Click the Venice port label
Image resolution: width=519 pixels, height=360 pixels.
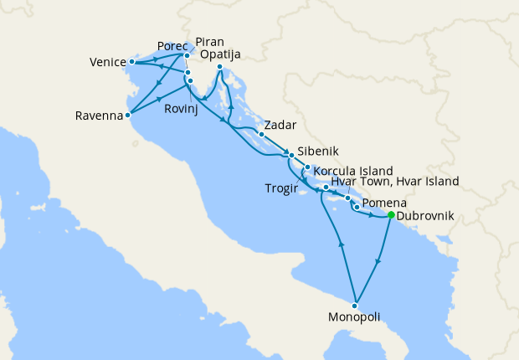tap(107, 62)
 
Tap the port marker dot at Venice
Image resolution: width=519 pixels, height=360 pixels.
tap(132, 61)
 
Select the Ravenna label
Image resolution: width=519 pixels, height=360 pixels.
tap(99, 116)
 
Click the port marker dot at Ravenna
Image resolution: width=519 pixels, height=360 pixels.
tap(127, 116)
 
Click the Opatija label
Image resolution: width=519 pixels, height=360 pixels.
tap(222, 54)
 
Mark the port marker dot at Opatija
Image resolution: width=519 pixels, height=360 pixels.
tap(219, 67)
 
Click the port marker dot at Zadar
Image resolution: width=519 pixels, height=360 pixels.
tap(262, 134)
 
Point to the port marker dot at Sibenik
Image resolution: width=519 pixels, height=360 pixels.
tap(291, 155)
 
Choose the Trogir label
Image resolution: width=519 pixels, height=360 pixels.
tap(280, 188)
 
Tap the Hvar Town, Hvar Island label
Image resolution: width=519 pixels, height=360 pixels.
tap(395, 181)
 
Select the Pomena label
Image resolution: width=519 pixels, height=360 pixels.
tap(384, 203)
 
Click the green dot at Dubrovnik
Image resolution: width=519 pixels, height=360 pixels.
tap(391, 215)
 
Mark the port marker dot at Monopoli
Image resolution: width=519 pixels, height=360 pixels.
tap(356, 304)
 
